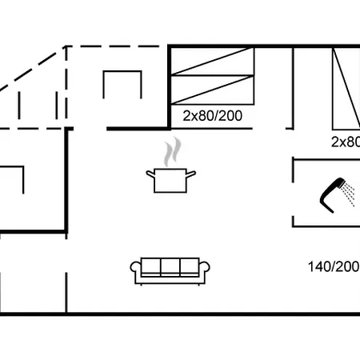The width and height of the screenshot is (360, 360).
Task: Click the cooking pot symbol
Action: click(170, 180)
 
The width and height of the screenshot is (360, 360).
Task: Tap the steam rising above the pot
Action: click(170, 151)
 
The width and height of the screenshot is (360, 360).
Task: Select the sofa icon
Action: click(170, 270)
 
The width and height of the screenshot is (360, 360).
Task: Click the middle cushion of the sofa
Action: click(170, 267)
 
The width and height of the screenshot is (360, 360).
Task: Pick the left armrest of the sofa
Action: click(135, 271)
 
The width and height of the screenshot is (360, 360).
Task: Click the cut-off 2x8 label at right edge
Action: click(345, 142)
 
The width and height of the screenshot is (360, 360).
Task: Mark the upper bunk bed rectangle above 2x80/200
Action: click(213, 62)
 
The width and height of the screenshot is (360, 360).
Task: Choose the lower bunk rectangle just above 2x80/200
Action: click(213, 91)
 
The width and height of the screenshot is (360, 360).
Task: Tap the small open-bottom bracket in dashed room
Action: click(122, 84)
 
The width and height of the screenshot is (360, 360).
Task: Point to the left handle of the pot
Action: click(150, 174)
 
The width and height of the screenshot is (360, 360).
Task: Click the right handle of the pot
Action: click(191, 174)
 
